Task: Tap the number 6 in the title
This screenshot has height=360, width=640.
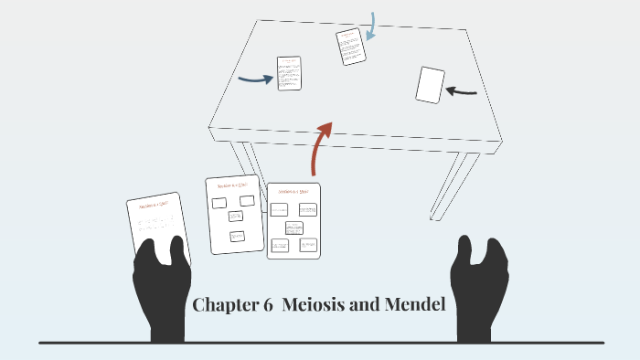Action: (268, 305)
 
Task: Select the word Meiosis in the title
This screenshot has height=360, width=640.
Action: (313, 305)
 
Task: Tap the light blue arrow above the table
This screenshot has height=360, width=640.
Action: (371, 26)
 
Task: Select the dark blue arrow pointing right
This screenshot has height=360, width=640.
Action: (255, 79)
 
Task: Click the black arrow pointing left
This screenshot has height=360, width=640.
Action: (463, 90)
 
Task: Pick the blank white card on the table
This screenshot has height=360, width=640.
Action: (430, 84)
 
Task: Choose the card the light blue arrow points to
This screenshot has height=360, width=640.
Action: (350, 47)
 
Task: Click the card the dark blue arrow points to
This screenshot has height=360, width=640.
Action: (289, 73)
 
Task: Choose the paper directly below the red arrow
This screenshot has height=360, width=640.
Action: (293, 220)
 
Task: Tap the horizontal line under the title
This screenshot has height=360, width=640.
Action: (320, 343)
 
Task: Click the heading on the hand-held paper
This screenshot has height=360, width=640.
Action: (155, 206)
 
